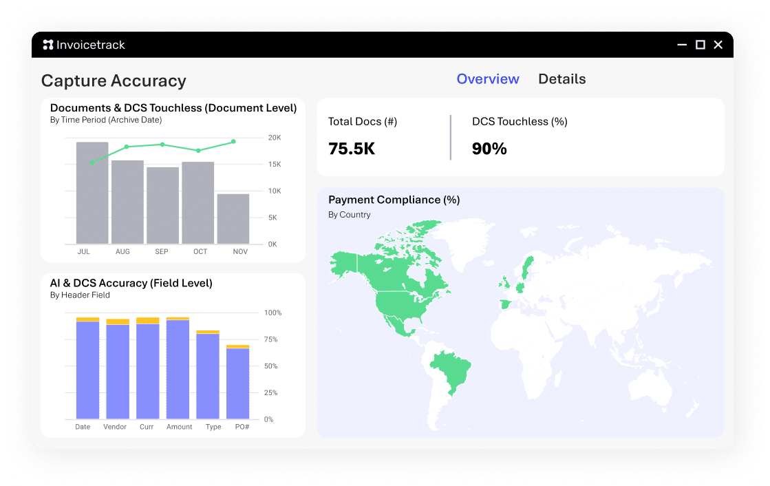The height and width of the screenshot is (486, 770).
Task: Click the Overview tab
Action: pyautogui.click(x=488, y=79)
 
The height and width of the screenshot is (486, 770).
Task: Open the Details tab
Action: pyautogui.click(x=562, y=79)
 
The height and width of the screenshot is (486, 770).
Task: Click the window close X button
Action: pyautogui.click(x=718, y=45)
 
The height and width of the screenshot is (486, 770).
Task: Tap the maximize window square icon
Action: pyautogui.click(x=700, y=45)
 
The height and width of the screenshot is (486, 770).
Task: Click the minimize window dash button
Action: pyautogui.click(x=682, y=45)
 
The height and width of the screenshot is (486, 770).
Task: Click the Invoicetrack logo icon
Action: pyautogui.click(x=48, y=45)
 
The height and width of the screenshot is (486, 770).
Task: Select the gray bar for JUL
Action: pyautogui.click(x=92, y=193)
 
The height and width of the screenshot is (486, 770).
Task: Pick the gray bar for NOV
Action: pyautogui.click(x=233, y=219)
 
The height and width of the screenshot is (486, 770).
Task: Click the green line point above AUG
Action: pyautogui.click(x=127, y=147)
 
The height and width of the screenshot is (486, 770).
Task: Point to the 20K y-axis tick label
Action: pyautogui.click(x=275, y=138)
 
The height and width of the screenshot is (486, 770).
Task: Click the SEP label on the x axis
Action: pyautogui.click(x=162, y=252)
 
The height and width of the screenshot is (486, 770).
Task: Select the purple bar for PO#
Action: pyautogui.click(x=237, y=383)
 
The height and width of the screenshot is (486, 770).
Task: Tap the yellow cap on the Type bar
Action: pyautogui.click(x=208, y=332)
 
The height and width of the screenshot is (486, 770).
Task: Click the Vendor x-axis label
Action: pyautogui.click(x=115, y=427)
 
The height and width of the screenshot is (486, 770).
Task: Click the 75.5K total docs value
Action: pyautogui.click(x=352, y=149)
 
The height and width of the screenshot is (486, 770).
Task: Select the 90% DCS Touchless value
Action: pyautogui.click(x=489, y=149)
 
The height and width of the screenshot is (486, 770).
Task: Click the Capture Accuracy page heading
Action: pyautogui.click(x=114, y=81)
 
